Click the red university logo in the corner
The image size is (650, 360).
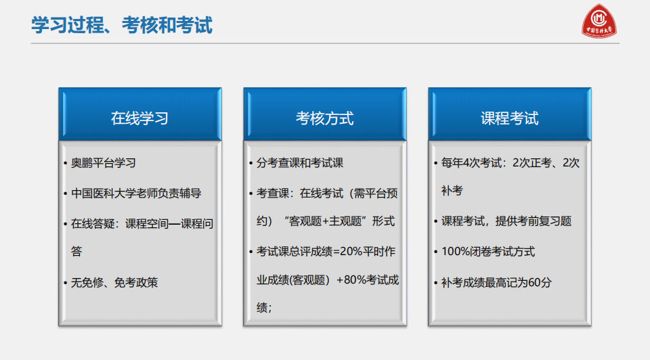click(x=599, y=21)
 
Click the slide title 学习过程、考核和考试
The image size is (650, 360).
click(x=122, y=25)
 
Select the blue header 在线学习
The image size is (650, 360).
click(x=139, y=118)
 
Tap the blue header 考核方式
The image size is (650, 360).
click(x=324, y=118)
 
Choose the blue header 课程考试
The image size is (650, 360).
click(x=509, y=118)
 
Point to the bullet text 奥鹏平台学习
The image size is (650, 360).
click(x=104, y=163)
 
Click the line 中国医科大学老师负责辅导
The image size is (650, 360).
click(x=136, y=194)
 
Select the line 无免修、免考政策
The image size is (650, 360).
click(x=114, y=283)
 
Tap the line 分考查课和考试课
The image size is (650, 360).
click(x=300, y=163)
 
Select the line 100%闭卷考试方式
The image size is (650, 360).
click(x=488, y=252)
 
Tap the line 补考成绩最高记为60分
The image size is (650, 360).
click(x=496, y=283)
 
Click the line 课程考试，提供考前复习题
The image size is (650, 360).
click(x=506, y=221)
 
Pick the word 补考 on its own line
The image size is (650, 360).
click(x=452, y=191)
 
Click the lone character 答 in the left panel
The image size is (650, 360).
click(x=77, y=252)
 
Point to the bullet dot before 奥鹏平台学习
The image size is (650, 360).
click(x=66, y=163)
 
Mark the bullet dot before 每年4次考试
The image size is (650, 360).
click(x=435, y=163)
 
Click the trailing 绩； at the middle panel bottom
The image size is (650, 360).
click(x=264, y=308)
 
